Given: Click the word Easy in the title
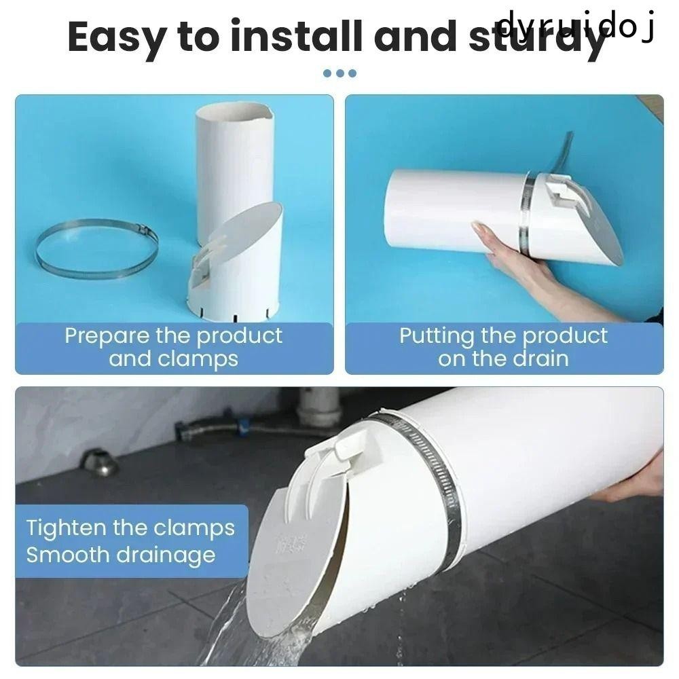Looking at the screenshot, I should (x=117, y=37).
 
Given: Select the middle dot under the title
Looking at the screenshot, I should (x=339, y=73).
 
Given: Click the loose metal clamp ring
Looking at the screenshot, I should (x=96, y=248).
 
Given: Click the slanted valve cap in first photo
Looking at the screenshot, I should (x=244, y=234).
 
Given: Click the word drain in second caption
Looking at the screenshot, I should (x=537, y=359).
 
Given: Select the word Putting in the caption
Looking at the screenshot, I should (x=436, y=335).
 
